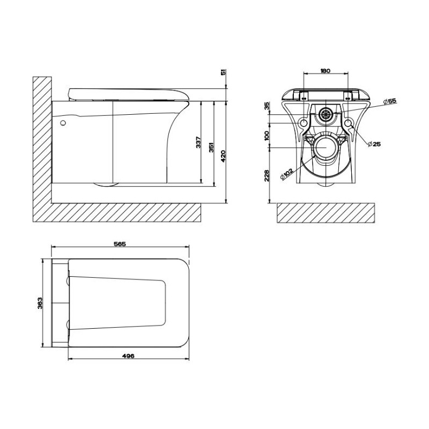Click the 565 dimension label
point(120,243)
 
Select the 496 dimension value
point(128,356)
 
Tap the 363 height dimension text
point(40,303)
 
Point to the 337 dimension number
point(198,142)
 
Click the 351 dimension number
point(211,147)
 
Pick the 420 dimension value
point(223,156)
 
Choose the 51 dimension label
point(224,72)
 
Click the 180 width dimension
point(325,71)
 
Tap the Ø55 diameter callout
point(390,101)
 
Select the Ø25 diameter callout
point(374,144)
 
